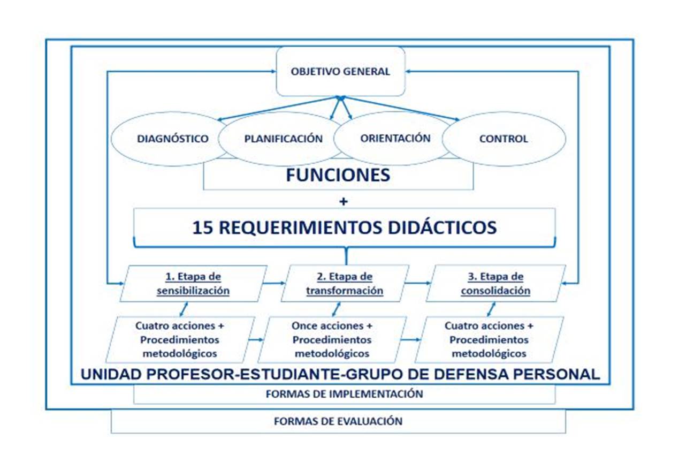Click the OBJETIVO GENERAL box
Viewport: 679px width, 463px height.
point(340,71)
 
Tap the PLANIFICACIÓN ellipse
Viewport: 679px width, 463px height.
point(283,139)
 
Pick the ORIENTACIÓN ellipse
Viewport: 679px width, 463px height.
point(395,138)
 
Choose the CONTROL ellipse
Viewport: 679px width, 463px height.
point(503,139)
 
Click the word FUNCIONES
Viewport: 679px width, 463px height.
point(338,176)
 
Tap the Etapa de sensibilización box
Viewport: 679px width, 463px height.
point(193,284)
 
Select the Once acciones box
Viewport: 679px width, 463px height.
point(332,339)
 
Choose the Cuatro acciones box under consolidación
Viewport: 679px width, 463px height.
point(489,339)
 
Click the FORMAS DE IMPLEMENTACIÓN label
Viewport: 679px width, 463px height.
point(344,394)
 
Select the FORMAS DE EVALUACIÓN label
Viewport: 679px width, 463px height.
point(338,421)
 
